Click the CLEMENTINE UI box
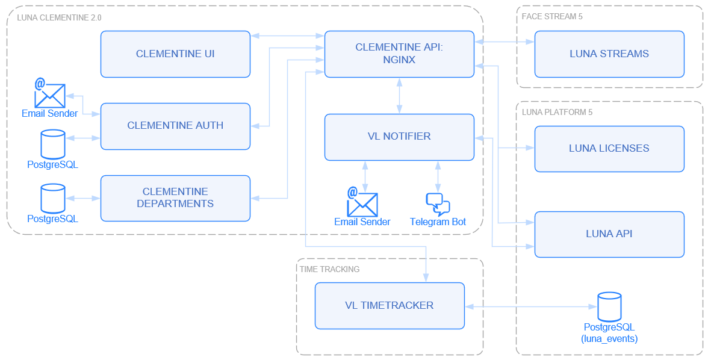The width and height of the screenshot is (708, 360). [x=175, y=54]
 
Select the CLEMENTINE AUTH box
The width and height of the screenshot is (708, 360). [x=175, y=126]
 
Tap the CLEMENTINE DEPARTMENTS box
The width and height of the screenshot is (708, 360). [x=175, y=198]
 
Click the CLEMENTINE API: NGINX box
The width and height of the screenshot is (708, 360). [x=399, y=54]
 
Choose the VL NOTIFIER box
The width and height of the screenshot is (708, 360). [x=399, y=137]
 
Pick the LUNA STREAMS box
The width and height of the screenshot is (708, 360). [x=609, y=54]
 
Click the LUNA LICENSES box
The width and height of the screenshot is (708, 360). [x=609, y=149]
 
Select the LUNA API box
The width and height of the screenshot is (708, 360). [x=609, y=234]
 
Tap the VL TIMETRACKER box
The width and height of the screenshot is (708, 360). [x=390, y=306]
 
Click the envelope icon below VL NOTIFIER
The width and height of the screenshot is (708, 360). [x=362, y=202]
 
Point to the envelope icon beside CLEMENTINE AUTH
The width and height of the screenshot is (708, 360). [x=49, y=94]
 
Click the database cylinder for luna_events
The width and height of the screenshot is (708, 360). [x=609, y=307]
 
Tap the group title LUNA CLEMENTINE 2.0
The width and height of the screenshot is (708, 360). [x=59, y=17]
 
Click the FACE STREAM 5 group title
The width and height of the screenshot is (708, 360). [x=551, y=16]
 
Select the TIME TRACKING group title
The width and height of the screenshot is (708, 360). [x=329, y=269]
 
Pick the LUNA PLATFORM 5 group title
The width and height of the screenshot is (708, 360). [x=557, y=112]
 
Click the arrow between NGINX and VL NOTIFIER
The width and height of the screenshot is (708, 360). [x=399, y=96]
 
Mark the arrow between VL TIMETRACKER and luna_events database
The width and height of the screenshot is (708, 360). [x=530, y=306]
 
